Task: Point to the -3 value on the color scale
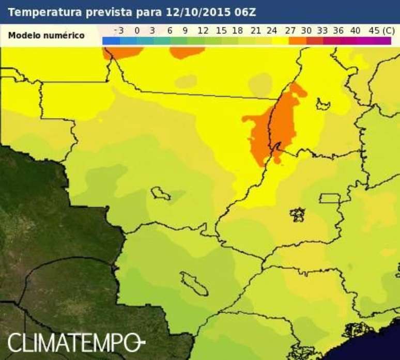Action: (x=119, y=30)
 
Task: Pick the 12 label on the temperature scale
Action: (x=203, y=30)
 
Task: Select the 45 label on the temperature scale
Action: (x=374, y=30)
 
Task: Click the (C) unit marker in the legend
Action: (x=387, y=30)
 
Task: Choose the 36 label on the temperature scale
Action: (x=339, y=30)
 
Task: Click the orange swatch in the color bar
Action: (x=297, y=41)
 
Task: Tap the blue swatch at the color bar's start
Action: (x=111, y=41)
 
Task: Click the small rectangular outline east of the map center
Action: (x=330, y=198)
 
